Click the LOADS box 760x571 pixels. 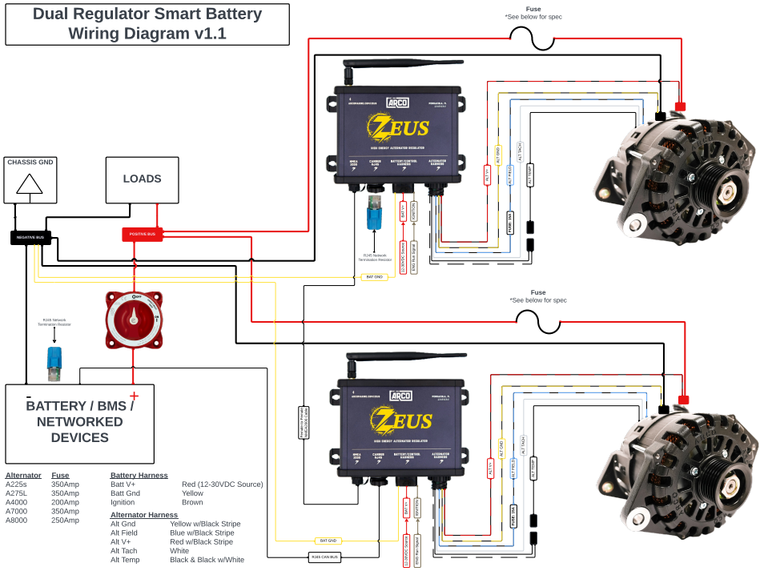click(142, 179)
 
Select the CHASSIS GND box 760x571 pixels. click(30, 179)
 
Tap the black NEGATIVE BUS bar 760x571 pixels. click(31, 237)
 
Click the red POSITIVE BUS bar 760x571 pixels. click(143, 234)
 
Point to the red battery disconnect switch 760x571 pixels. click(134, 320)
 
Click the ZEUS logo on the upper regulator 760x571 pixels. click(398, 127)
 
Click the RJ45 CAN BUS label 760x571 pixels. click(324, 557)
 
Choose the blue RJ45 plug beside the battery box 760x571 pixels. click(54, 363)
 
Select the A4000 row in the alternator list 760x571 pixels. click(17, 502)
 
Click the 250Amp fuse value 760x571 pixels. click(65, 520)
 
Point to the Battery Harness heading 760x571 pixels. click(139, 475)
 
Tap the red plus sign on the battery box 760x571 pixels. click(134, 396)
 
